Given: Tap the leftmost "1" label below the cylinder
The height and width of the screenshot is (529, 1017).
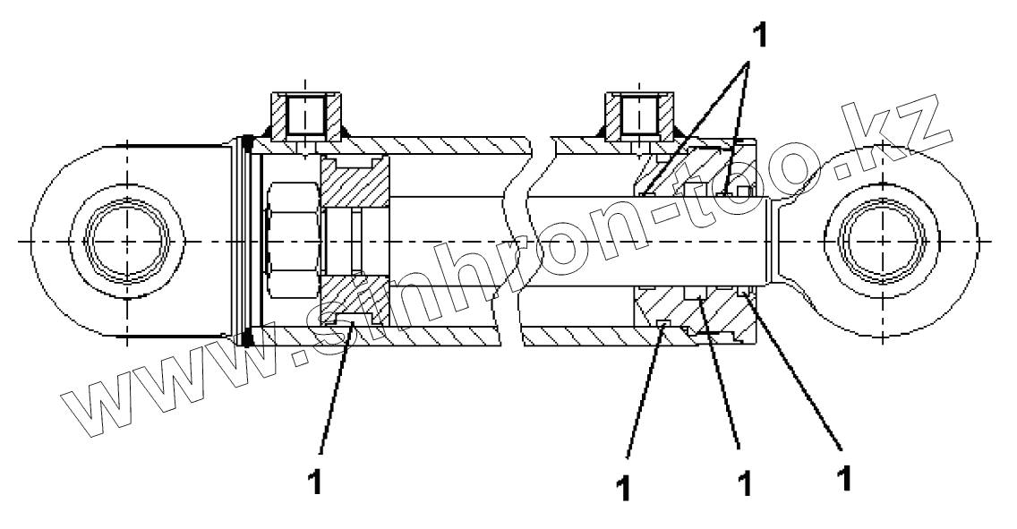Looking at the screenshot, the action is point(314,481).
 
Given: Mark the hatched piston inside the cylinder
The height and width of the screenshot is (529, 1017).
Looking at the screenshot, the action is point(355,188).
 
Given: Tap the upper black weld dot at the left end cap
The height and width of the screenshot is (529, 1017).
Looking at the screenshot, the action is point(248,141).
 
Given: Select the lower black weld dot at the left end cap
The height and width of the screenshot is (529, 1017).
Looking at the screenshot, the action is point(248,337).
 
